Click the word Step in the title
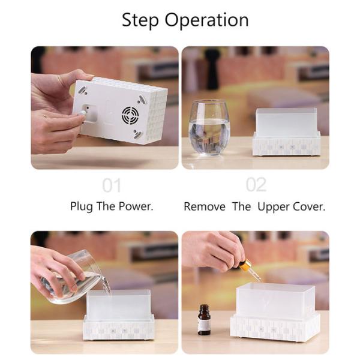click(x=140, y=20)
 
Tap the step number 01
click(x=112, y=185)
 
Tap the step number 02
click(x=256, y=185)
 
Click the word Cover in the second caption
click(x=308, y=206)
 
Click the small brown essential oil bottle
click(x=204, y=320)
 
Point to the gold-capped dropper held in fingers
click(x=249, y=268)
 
